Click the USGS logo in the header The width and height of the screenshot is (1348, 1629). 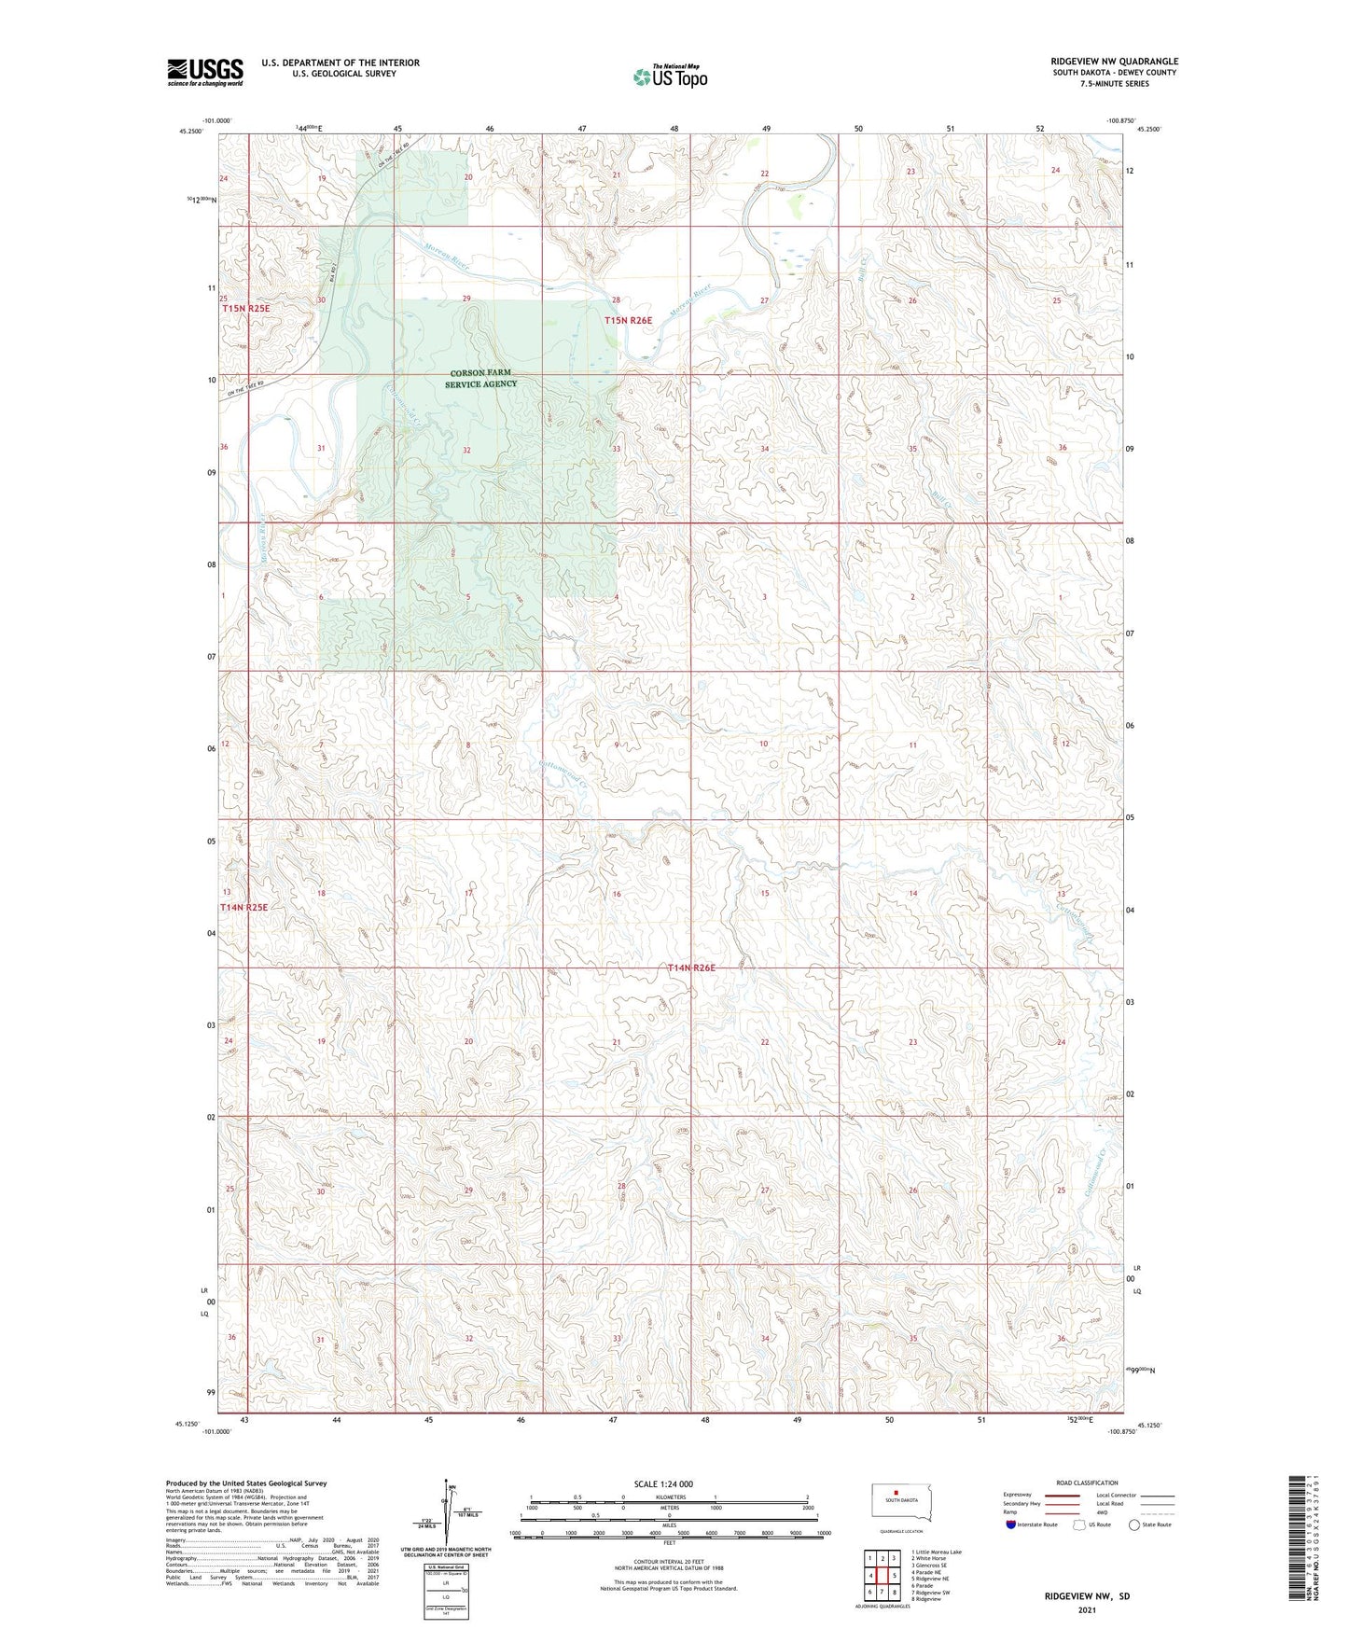[x=204, y=72]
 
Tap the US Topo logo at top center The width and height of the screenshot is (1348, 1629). [x=669, y=77]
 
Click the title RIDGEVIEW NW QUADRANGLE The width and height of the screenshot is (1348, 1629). [x=1114, y=62]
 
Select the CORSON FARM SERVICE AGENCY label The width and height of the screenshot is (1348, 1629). [x=480, y=378]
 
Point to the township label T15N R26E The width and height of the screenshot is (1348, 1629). [x=628, y=320]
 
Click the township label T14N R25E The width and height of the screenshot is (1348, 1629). [x=243, y=907]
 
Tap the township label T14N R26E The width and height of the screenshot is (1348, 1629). [x=691, y=968]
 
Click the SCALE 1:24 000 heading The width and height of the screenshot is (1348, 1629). [x=663, y=1483]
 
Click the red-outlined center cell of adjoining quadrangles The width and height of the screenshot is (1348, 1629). [x=882, y=1576]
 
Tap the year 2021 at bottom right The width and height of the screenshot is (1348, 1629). [x=1086, y=1610]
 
